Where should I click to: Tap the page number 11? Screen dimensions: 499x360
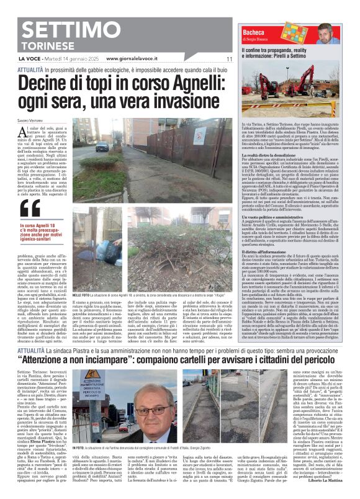click(x=228, y=59)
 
